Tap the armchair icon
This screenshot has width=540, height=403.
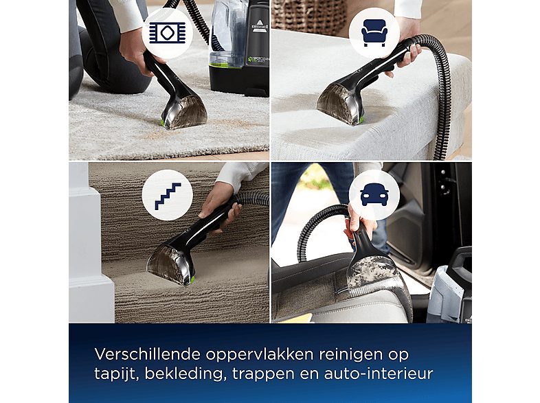[373, 32]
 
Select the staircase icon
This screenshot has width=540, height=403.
[166, 194]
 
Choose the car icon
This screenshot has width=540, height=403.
[373, 194]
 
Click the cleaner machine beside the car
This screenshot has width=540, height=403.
[450, 288]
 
